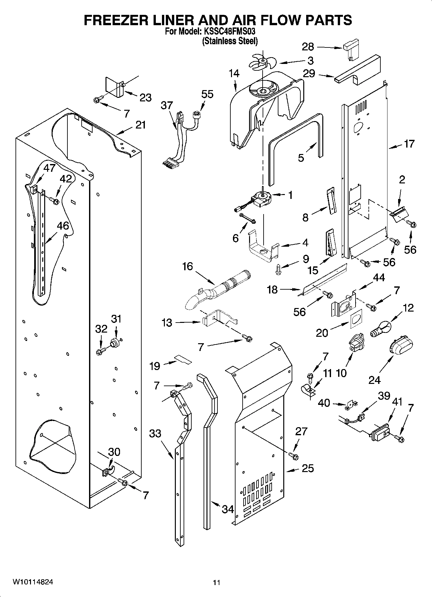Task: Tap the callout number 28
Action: click(308, 47)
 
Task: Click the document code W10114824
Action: click(33, 582)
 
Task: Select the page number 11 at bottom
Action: click(216, 582)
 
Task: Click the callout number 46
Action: click(63, 226)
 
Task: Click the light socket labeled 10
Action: click(356, 344)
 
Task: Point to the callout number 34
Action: click(228, 509)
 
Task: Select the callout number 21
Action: click(140, 125)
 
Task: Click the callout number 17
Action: click(409, 144)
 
